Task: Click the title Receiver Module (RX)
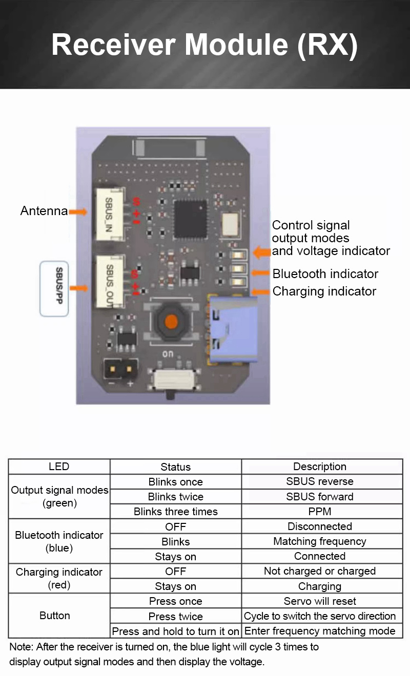pos(204,45)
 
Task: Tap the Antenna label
pos(44,210)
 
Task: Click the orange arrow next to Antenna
pos(78,212)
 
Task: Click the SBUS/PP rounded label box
pos(54,288)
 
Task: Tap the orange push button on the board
pos(171,322)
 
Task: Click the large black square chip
pos(190,219)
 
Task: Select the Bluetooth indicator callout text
pos(325,274)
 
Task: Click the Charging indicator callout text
pos(324,291)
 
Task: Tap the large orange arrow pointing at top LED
pos(262,251)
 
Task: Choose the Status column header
pos(175,467)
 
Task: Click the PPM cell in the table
pos(320,512)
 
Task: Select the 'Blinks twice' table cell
pos(175,497)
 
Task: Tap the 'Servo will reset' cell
pos(320,601)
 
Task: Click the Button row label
pos(55,616)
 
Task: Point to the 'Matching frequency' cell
pos(320,541)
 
